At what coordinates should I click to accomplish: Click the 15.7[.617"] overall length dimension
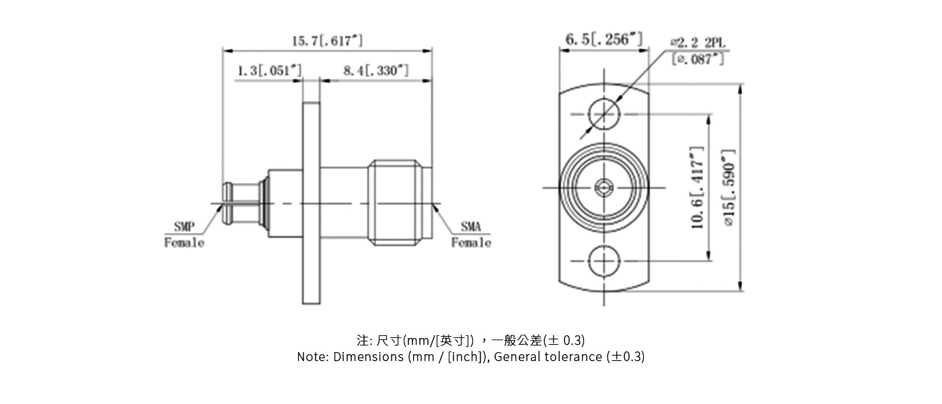327,41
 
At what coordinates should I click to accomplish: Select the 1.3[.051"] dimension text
269,71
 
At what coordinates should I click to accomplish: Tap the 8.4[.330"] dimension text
375,71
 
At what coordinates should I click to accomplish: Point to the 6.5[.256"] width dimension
604,40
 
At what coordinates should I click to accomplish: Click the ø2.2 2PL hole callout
698,43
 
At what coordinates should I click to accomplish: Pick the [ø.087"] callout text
698,59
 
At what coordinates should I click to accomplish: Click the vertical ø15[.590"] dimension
729,187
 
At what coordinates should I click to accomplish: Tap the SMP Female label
184,235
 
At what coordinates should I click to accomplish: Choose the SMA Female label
470,235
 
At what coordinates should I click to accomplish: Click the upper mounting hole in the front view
604,114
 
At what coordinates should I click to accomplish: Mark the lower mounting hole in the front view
604,260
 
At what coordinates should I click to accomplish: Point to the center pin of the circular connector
604,187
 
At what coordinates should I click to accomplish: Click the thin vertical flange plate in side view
311,202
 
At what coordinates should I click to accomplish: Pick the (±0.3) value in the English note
625,357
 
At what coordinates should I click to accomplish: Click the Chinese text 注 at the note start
361,339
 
